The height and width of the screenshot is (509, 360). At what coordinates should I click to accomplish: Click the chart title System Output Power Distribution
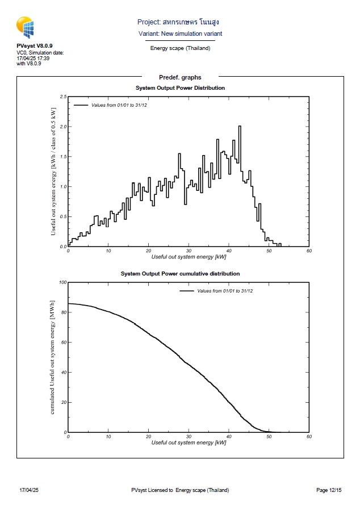(180, 88)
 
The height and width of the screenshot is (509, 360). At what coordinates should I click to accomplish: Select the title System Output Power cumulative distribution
(180, 274)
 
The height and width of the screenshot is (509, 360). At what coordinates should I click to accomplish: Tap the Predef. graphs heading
(180, 77)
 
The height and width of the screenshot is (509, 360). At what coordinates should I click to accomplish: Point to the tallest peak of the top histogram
(240, 127)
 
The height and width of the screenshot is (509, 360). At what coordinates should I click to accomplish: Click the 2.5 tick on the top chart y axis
(63, 97)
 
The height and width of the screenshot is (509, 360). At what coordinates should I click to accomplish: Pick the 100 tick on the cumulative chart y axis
(62, 282)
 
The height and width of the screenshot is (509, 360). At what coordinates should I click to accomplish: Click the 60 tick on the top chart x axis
(308, 251)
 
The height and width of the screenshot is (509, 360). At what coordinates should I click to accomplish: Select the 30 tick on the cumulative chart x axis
(189, 436)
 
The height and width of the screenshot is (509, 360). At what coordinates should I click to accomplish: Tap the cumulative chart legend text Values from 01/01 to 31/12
(225, 291)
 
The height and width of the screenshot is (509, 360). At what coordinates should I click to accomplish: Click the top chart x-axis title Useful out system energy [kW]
(189, 257)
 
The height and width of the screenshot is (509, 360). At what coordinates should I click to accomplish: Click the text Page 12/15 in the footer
(329, 490)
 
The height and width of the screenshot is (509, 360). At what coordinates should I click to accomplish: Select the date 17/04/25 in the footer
(28, 490)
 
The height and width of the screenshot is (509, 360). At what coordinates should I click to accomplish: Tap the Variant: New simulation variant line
(180, 34)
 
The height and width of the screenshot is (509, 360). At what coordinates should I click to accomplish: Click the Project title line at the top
(178, 22)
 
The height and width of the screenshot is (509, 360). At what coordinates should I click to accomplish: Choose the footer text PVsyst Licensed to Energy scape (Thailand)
(180, 490)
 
